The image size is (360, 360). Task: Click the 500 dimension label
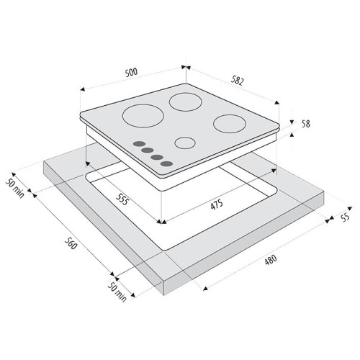132,72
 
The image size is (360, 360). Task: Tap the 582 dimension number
238,81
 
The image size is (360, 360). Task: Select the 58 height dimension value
305,124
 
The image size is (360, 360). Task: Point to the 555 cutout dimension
122,199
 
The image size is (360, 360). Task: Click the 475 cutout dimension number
217,204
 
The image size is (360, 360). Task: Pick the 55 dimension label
345,217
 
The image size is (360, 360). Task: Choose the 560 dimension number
71,243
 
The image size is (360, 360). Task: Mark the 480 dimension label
271,260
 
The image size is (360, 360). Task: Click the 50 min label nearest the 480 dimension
117,292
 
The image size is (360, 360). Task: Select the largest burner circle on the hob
143,116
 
